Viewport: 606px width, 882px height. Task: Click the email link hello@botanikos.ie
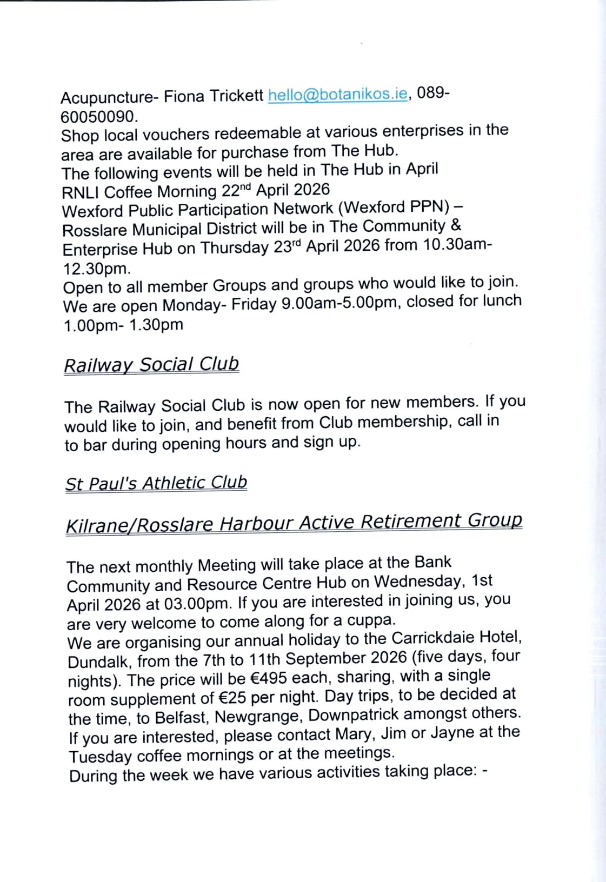click(338, 95)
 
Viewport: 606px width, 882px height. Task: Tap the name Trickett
click(236, 96)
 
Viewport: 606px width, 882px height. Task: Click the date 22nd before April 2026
click(236, 190)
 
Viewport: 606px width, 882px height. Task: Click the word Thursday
click(235, 248)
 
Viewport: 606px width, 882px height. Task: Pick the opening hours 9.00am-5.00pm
click(339, 303)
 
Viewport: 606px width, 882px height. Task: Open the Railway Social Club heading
click(151, 365)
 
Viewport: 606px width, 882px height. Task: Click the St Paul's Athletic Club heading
click(156, 483)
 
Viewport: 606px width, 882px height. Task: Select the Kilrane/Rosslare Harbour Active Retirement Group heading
click(294, 523)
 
